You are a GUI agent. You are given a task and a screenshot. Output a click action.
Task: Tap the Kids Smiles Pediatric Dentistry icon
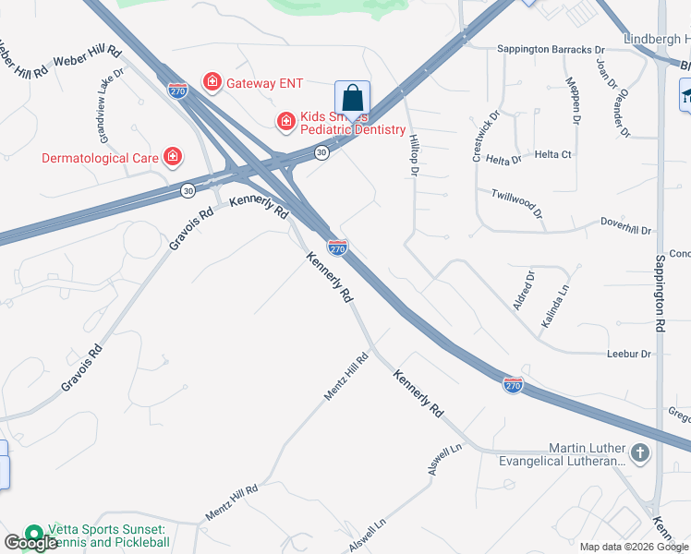pyautogui.click(x=286, y=121)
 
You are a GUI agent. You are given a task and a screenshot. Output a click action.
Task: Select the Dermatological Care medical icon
pyautogui.click(x=172, y=158)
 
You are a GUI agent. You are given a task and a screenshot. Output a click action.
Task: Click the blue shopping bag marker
pyautogui.click(x=352, y=99)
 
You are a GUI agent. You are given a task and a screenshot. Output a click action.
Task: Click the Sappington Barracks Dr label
pyautogui.click(x=550, y=49)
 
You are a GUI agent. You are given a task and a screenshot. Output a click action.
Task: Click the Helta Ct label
pyautogui.click(x=554, y=154)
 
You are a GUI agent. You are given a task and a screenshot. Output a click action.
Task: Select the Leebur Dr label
pyautogui.click(x=629, y=354)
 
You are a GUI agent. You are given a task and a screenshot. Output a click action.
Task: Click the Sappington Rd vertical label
pyautogui.click(x=661, y=293)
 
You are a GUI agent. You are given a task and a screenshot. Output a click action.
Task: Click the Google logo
pyautogui.click(x=30, y=543)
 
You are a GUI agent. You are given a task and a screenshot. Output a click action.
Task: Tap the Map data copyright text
pyautogui.click(x=634, y=547)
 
